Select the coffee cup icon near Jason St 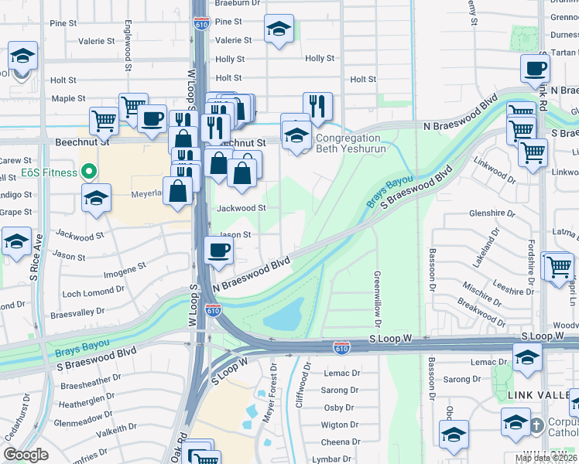(x=218, y=251)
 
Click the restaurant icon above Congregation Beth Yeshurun (x=317, y=105)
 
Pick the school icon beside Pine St (x=279, y=29)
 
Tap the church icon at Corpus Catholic (x=537, y=425)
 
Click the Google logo (x=26, y=455)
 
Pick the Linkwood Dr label (x=495, y=173)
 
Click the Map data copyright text (x=546, y=458)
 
